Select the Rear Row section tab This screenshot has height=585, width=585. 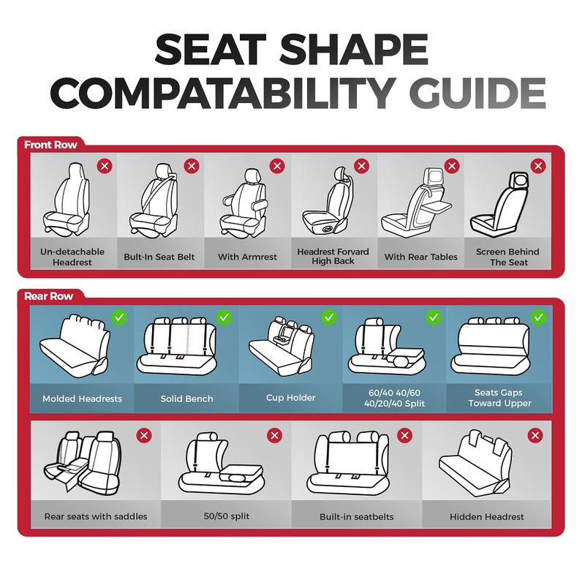click(x=48, y=296)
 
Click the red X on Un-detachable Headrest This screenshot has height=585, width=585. click(x=105, y=166)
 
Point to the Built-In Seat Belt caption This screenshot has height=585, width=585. click(x=159, y=257)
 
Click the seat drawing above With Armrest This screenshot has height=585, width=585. click(x=246, y=201)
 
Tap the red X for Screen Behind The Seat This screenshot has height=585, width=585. click(x=539, y=166)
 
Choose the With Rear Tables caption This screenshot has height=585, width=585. click(x=420, y=257)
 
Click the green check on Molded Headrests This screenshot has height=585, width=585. click(x=119, y=317)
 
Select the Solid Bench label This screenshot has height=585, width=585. click(x=186, y=399)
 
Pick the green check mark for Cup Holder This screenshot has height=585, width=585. click(x=329, y=317)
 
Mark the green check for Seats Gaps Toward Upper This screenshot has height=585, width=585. click(x=539, y=317)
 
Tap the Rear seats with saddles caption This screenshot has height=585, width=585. click(x=96, y=516)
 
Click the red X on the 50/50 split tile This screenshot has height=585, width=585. click(x=274, y=436)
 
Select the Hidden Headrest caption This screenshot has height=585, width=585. click(x=486, y=516)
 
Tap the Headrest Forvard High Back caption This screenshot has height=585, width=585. click(x=333, y=257)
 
